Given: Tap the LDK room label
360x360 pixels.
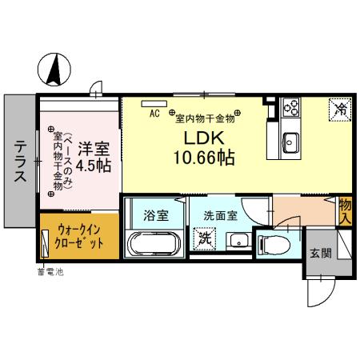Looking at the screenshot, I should click(203, 137).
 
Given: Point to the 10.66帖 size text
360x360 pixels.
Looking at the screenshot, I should click(203, 158).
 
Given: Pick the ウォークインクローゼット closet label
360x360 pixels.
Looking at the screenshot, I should click(79, 234).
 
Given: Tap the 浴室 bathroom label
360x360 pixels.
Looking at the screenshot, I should click(154, 215).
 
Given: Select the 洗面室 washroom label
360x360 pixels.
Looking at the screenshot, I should click(219, 215).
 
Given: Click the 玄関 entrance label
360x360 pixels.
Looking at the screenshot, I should click(321, 253).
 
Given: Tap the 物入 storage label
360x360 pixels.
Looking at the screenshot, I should click(346, 210).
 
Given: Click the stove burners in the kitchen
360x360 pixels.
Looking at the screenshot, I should click(290, 106).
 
